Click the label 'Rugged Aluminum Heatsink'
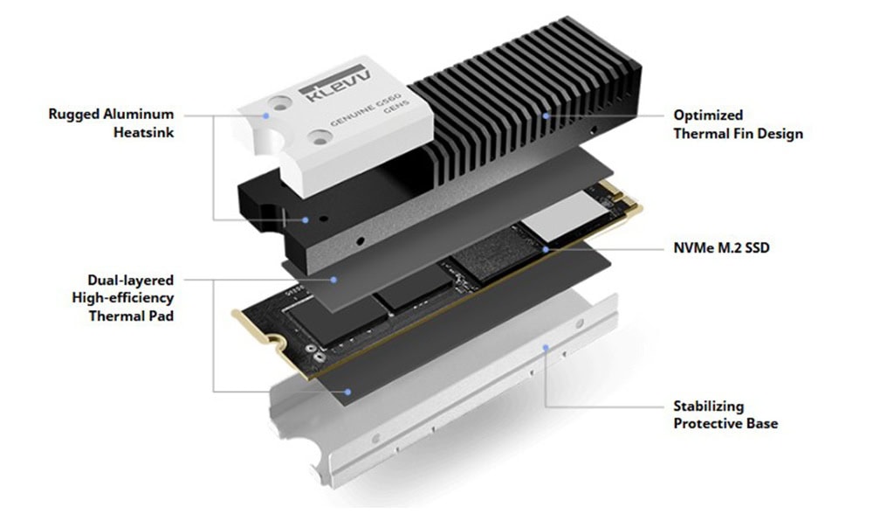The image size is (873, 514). (112, 123)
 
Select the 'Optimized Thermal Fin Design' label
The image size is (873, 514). (739, 124)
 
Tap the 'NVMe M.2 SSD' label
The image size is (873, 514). (722, 247)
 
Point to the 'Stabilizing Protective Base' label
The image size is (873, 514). (725, 414)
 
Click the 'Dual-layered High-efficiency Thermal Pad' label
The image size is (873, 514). (123, 298)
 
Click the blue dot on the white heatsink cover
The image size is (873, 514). (266, 115)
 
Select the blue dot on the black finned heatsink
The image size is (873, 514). (546, 115)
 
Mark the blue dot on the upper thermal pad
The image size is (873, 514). (333, 280)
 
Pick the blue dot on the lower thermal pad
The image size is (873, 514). (347, 392)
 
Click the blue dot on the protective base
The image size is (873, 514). (546, 347)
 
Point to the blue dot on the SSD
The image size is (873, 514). (546, 249)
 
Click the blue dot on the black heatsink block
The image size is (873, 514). (305, 220)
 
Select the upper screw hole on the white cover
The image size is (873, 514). (279, 103)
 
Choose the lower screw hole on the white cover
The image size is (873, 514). (320, 137)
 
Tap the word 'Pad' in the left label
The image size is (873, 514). (161, 316)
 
